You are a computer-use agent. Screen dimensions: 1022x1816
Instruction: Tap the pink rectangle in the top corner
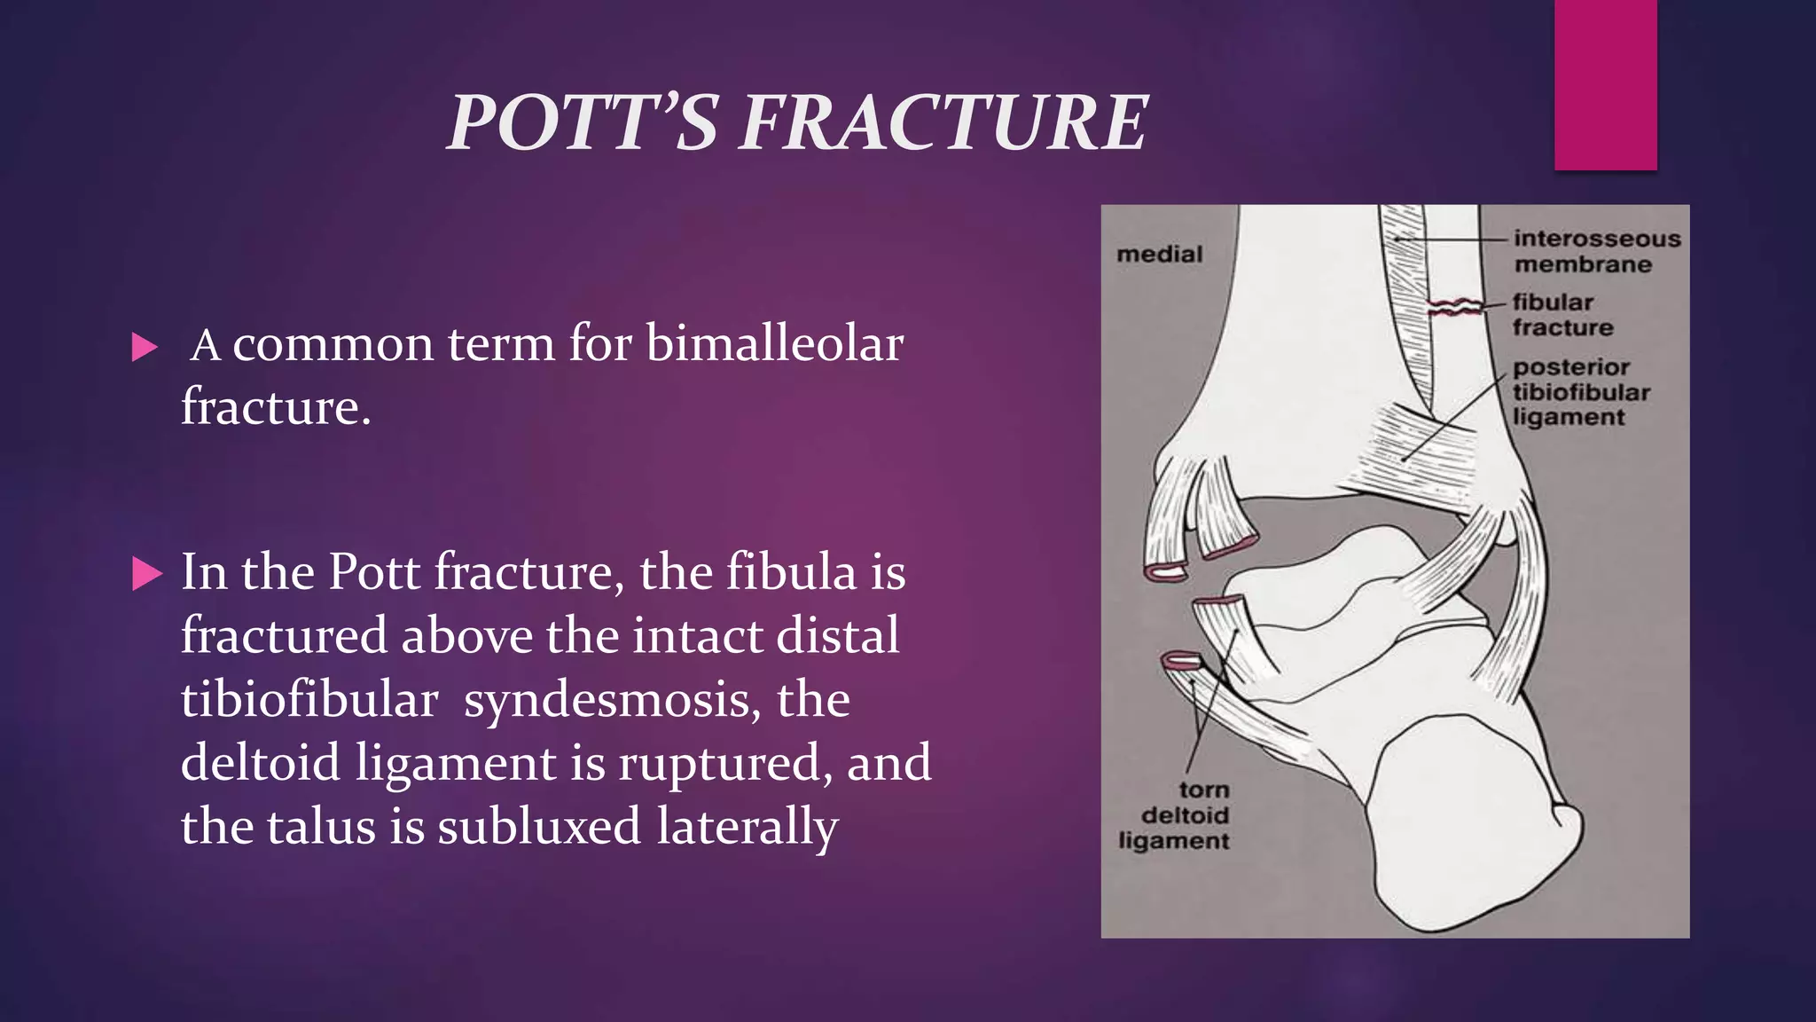click(x=1605, y=84)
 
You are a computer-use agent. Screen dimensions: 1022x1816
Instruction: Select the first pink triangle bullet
click(x=144, y=347)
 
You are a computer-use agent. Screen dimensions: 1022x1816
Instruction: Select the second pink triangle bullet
click(x=146, y=574)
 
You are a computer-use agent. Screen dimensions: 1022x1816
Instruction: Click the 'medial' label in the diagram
click(x=1159, y=255)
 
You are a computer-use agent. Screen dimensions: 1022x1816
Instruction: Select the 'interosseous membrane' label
click(x=1596, y=251)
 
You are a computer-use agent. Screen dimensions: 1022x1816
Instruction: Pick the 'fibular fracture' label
click(x=1562, y=315)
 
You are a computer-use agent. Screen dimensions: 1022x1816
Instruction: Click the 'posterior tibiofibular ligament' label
click(x=1580, y=392)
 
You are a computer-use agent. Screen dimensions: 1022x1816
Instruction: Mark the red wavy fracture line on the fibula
click(x=1454, y=308)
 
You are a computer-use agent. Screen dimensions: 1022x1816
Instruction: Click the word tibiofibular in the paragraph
click(x=309, y=700)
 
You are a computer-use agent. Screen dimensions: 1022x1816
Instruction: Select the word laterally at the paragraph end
click(x=747, y=827)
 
